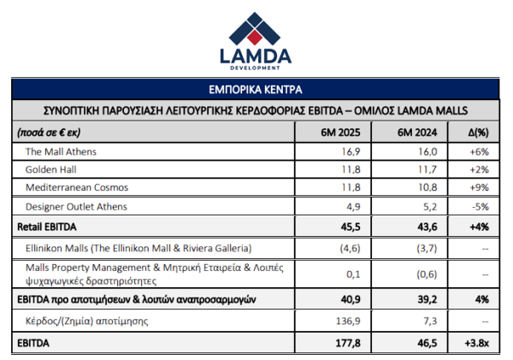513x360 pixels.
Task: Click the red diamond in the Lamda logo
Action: (x=255, y=37)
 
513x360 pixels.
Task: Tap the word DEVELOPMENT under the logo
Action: (x=255, y=68)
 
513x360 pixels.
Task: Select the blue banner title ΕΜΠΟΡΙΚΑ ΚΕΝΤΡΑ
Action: (x=255, y=89)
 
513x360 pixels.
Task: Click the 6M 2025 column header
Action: (x=340, y=133)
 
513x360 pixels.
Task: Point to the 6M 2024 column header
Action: (x=417, y=133)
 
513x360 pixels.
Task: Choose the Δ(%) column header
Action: (x=478, y=133)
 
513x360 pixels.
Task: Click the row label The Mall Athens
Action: (x=61, y=151)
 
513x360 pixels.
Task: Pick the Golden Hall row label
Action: (x=50, y=169)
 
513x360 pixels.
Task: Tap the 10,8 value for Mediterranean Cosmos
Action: (x=427, y=187)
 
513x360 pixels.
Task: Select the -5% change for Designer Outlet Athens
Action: (x=481, y=207)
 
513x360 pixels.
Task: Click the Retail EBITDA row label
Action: (x=47, y=227)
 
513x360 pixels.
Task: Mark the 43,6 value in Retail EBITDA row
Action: (x=427, y=227)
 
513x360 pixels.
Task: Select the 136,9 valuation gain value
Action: (x=348, y=321)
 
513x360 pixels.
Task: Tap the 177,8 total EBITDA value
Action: (x=348, y=343)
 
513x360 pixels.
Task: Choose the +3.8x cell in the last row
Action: (x=477, y=343)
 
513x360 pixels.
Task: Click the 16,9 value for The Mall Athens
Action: (x=351, y=151)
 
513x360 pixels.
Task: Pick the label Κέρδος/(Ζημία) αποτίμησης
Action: (x=86, y=321)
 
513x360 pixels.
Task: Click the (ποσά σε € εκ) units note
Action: (x=49, y=133)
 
